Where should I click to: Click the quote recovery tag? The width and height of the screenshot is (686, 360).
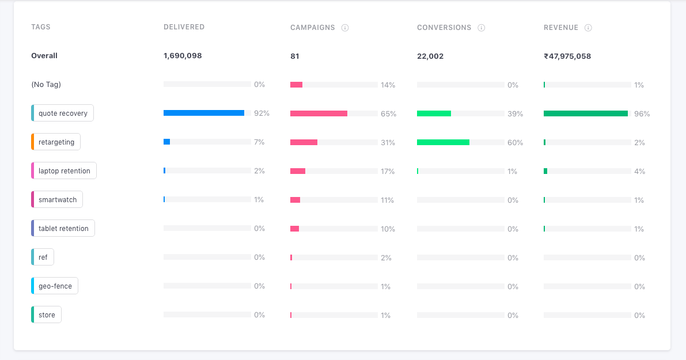click(63, 113)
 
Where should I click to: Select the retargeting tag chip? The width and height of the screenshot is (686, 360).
click(56, 142)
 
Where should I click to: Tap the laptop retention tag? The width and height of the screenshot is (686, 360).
click(64, 171)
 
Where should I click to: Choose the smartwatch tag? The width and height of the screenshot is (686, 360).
click(58, 200)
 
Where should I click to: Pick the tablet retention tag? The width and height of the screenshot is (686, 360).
click(63, 229)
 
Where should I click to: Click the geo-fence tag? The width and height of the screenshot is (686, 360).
click(55, 286)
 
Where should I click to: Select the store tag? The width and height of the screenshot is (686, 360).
click(47, 315)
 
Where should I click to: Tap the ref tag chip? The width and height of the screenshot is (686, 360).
click(43, 257)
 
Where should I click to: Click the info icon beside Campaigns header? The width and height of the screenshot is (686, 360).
click(345, 28)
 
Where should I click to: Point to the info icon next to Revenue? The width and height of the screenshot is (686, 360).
click(588, 28)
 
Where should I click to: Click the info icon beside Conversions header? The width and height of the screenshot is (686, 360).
click(482, 28)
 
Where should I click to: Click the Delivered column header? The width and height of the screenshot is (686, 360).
click(184, 27)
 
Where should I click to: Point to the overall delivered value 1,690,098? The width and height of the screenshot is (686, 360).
click(183, 56)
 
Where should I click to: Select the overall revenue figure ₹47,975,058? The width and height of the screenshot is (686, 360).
click(567, 56)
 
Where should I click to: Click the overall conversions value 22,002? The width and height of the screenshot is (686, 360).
click(430, 56)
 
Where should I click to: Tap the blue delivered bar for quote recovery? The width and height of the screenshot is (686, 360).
click(204, 113)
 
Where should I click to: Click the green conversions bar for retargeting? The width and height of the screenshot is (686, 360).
click(443, 142)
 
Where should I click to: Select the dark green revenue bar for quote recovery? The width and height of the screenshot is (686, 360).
click(585, 113)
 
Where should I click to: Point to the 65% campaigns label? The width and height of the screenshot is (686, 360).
click(388, 114)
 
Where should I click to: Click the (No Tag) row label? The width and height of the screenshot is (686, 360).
click(46, 85)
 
